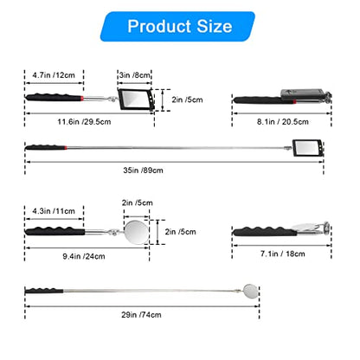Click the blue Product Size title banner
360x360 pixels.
point(177,26)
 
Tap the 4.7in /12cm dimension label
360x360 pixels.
point(54,75)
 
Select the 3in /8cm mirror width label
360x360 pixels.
point(135,75)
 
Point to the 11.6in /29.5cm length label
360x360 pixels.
point(84,121)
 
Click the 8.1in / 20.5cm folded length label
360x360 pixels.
point(283,121)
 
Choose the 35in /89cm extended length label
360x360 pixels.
point(143,170)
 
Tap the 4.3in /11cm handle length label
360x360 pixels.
point(54,211)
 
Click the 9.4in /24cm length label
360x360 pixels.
point(84,256)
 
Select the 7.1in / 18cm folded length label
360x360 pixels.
point(283,254)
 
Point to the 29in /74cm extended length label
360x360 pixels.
point(141,314)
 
